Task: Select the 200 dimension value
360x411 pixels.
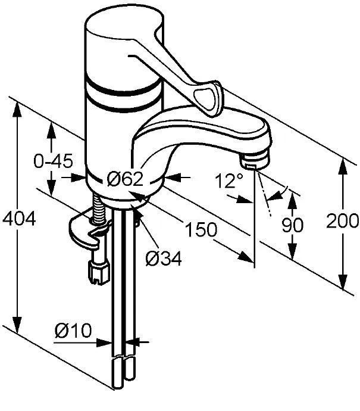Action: pyautogui.click(x=343, y=221)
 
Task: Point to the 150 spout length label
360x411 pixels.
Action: pyautogui.click(x=200, y=229)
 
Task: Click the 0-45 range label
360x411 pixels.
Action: pyautogui.click(x=53, y=160)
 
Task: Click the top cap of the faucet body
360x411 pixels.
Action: pyautogui.click(x=122, y=27)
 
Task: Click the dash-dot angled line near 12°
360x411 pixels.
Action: pyautogui.click(x=264, y=203)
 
